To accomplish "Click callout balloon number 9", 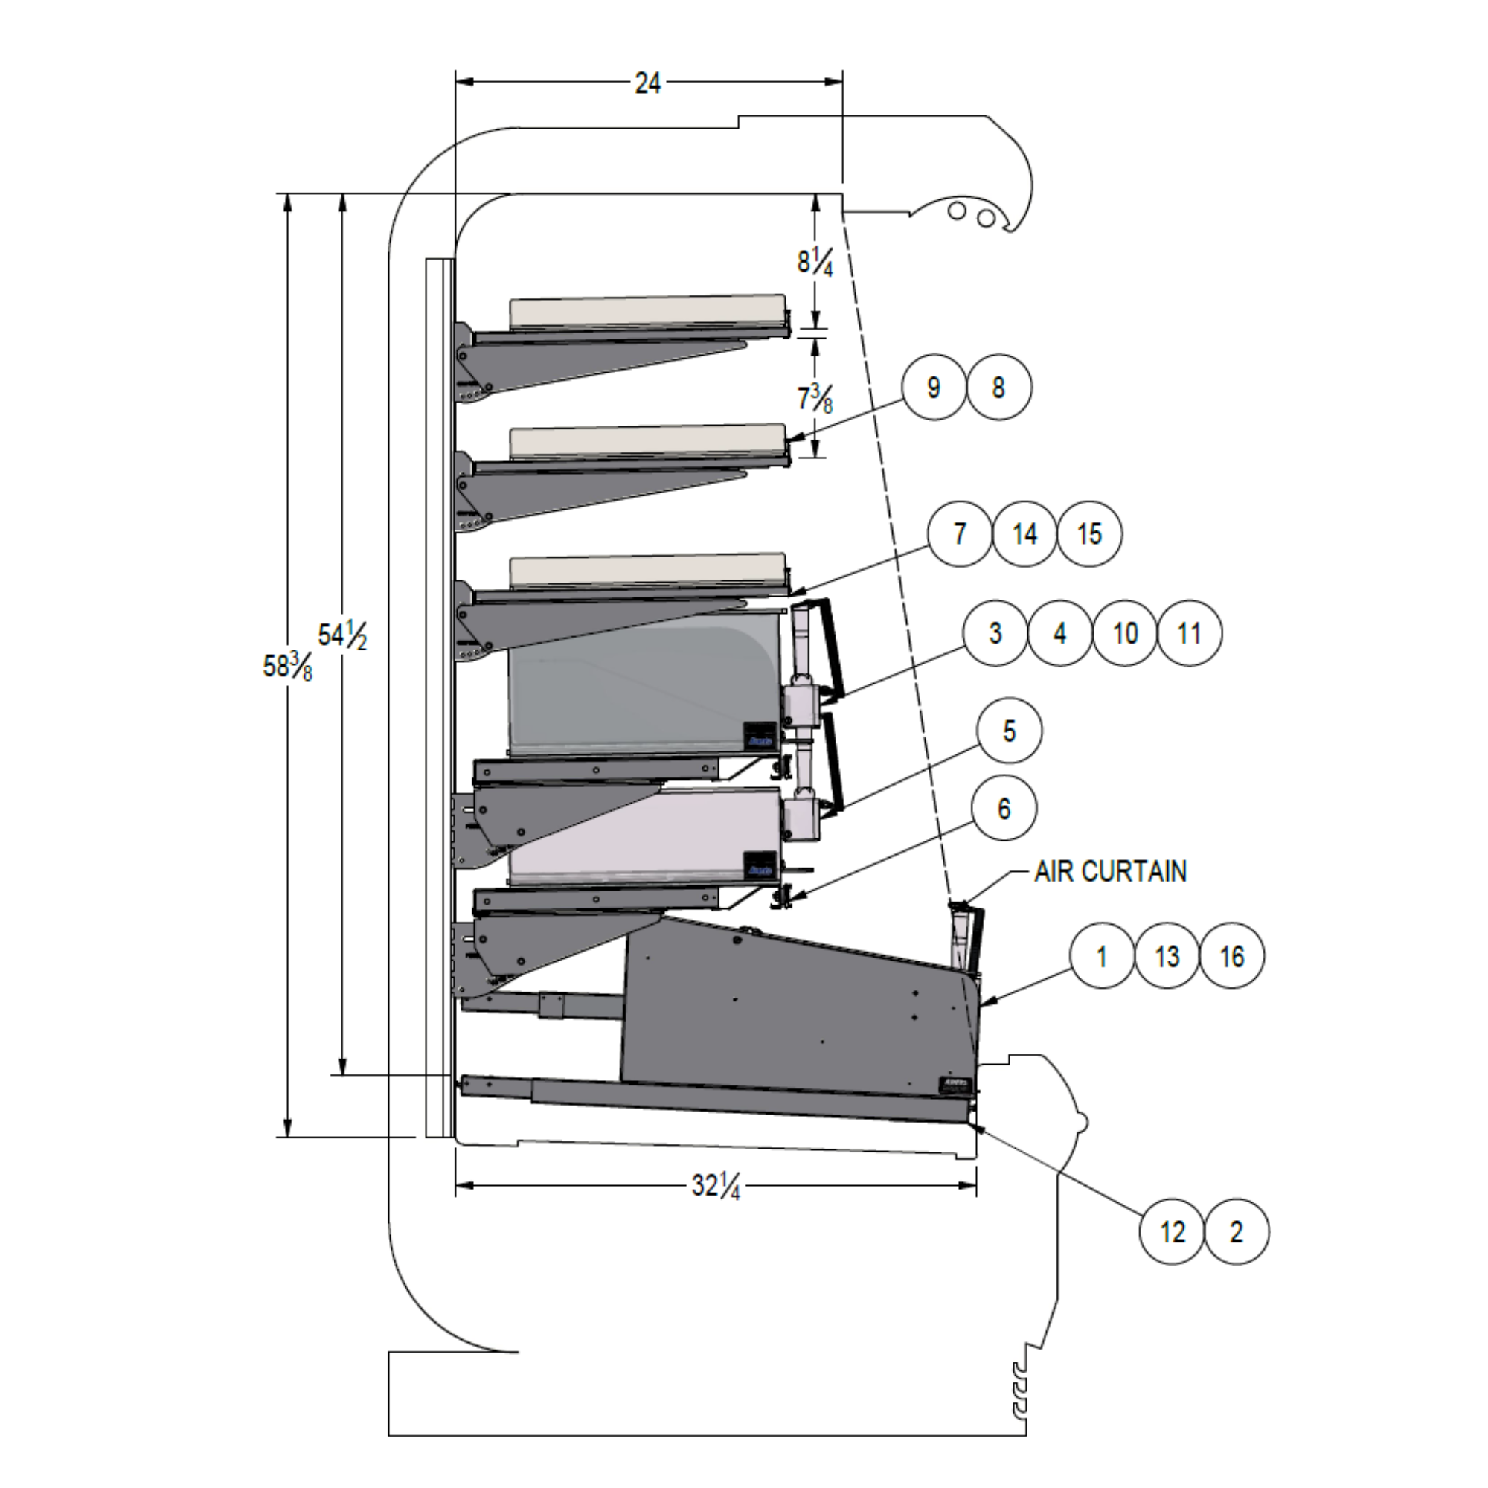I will (934, 388).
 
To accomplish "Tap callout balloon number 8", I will (999, 388).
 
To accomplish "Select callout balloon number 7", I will (960, 533).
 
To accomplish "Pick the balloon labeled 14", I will (1024, 533).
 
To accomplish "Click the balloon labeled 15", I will (1089, 533).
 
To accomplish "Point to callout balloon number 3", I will (995, 633).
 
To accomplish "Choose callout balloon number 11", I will (1189, 633).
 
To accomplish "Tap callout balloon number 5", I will (1009, 731).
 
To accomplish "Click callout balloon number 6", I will (1004, 809).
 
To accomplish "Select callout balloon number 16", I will (1231, 956).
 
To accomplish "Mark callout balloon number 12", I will (1172, 1231).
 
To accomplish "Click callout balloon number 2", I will (1236, 1231).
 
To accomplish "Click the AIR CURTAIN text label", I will (1110, 871).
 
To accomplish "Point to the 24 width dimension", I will (648, 83).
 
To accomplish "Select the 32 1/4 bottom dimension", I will (716, 1185).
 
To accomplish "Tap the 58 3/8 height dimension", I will (287, 666).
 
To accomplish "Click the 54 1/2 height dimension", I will (342, 635).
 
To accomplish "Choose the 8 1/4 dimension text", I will (815, 262).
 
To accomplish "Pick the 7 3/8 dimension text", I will (815, 399).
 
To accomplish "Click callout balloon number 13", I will (1167, 956).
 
